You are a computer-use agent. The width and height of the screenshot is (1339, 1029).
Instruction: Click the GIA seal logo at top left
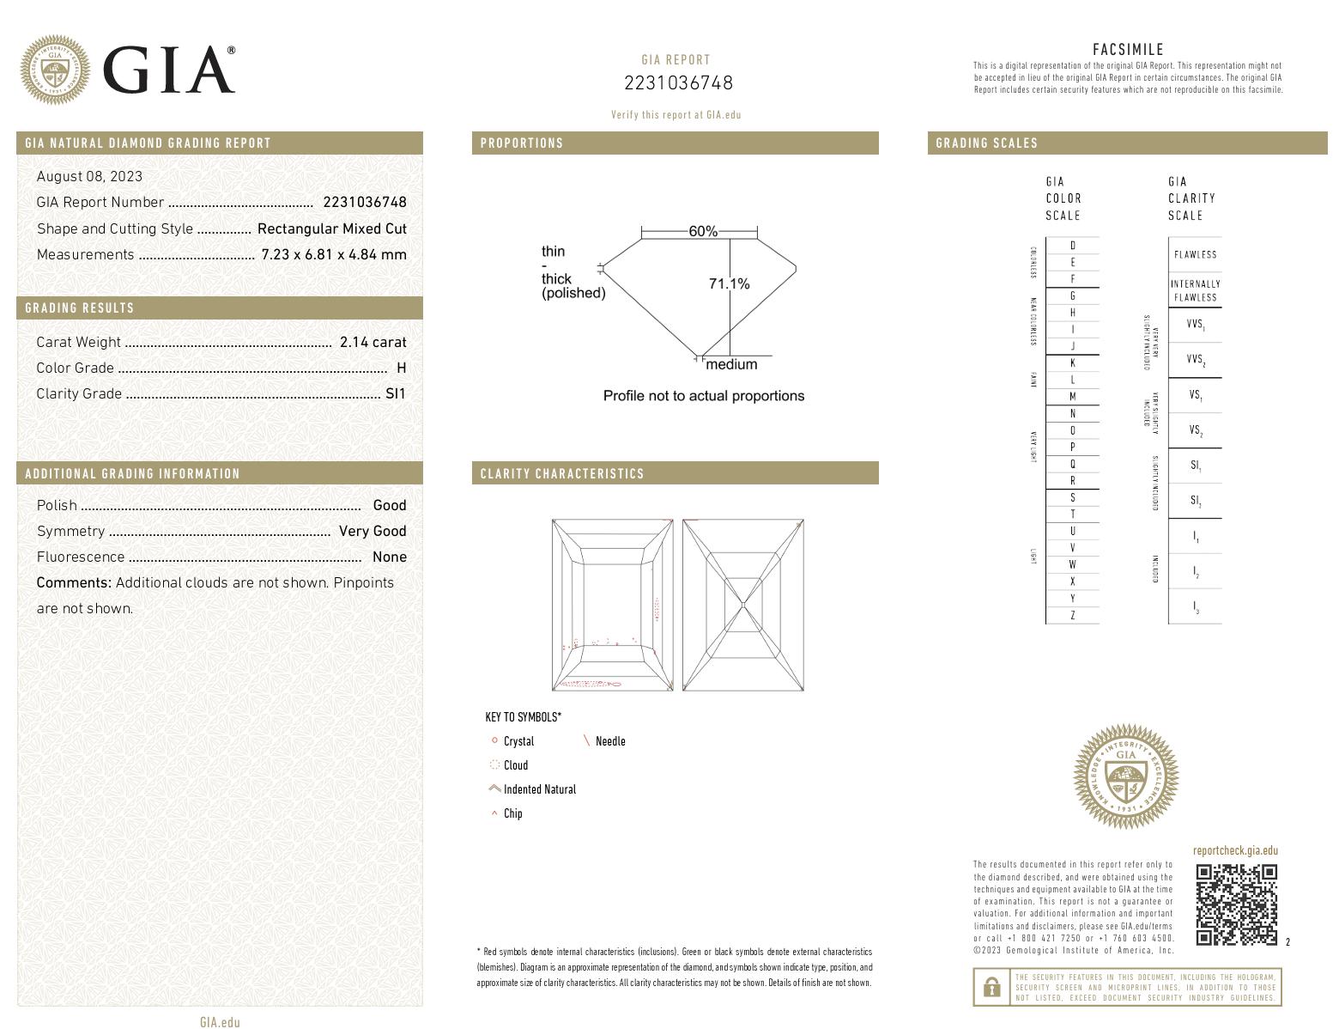55,70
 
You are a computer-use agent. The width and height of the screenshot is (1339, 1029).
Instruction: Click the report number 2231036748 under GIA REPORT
678,82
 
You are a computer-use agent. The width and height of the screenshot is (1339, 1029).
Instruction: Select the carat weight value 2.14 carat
373,342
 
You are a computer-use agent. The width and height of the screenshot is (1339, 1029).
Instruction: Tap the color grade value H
401,368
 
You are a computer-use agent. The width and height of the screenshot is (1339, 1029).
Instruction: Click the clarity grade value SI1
395,393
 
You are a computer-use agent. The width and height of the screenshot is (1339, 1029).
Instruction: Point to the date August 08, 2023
89,176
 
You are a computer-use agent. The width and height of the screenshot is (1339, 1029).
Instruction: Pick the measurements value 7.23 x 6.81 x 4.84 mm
334,254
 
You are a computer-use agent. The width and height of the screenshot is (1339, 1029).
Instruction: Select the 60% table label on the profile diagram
702,232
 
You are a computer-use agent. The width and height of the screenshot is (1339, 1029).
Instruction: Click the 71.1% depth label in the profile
729,283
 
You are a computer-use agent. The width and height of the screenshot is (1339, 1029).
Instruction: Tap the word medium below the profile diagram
731,364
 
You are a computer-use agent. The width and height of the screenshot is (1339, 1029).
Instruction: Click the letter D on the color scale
1072,246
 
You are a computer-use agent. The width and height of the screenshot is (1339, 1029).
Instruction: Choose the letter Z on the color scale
1072,615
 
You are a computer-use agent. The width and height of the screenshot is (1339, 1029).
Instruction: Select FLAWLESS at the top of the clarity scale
1195,254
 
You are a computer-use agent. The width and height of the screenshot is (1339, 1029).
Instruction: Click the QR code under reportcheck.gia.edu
1237,904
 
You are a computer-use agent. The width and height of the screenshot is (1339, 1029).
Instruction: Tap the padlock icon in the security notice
991,987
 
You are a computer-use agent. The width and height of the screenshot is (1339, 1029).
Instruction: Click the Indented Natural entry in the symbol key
539,789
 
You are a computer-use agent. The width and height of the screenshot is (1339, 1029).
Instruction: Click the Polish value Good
389,505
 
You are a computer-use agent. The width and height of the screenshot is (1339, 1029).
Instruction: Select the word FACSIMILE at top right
1128,50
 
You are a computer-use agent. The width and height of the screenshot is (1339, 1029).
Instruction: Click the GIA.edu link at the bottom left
220,1021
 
